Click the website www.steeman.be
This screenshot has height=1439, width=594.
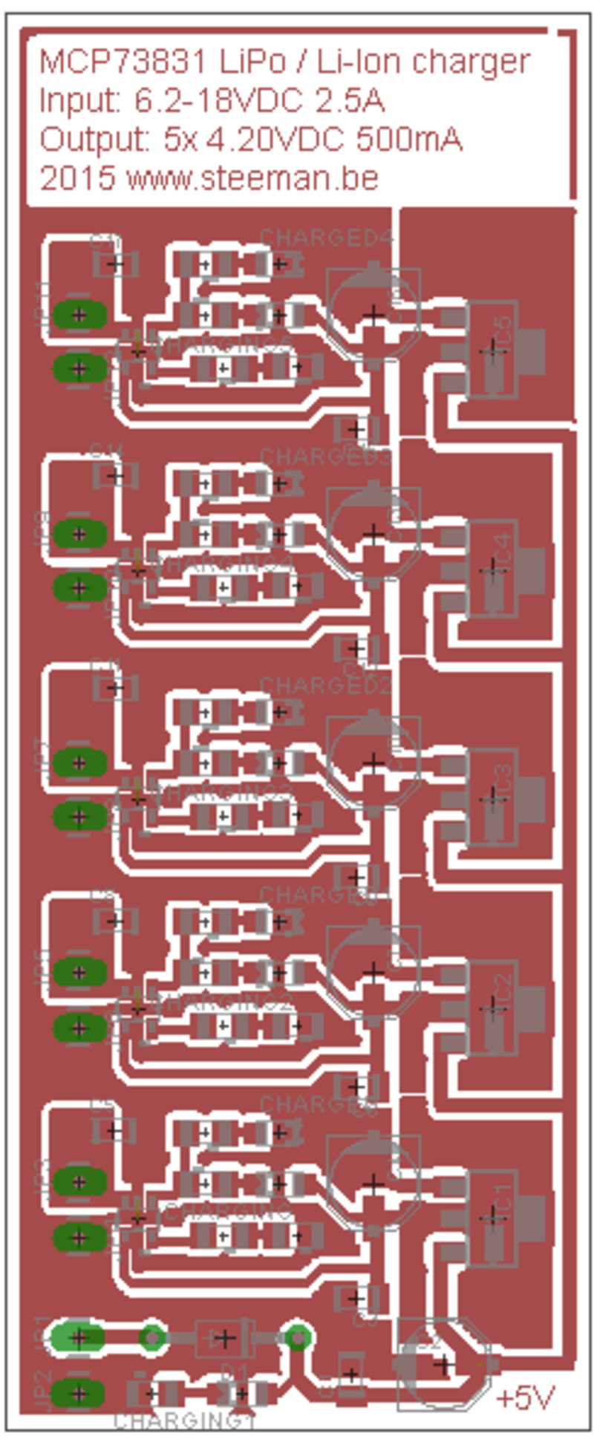[252, 178]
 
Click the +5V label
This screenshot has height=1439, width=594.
[525, 1398]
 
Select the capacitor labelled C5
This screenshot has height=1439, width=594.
[493, 347]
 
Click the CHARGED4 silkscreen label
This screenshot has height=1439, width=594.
[327, 238]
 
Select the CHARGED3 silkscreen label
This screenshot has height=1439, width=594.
[327, 456]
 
